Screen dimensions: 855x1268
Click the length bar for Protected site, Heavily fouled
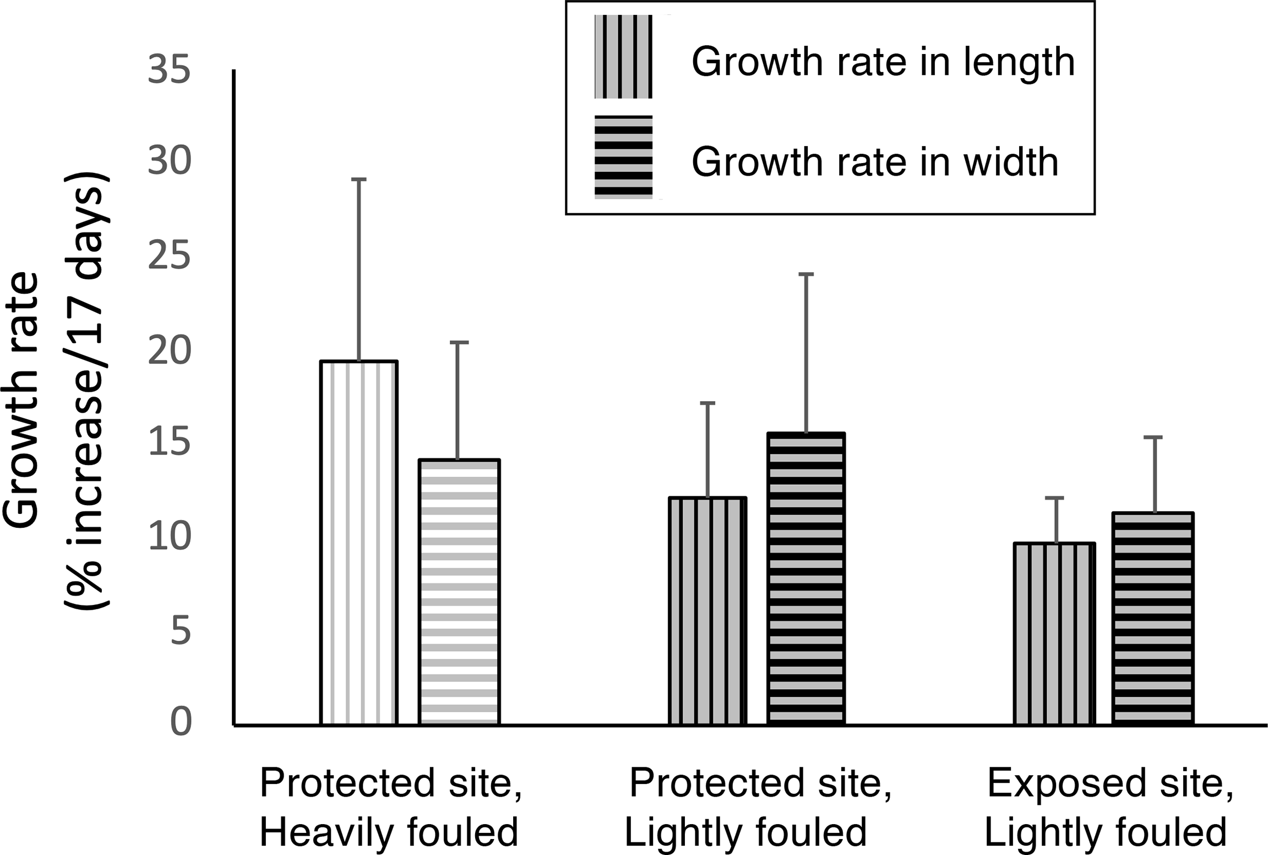coord(358,543)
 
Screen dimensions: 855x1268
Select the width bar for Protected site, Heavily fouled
coord(459,592)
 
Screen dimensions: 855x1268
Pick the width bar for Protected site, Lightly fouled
coord(806,578)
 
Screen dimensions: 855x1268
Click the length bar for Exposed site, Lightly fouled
coord(1054,634)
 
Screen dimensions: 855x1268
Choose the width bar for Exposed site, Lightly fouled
coord(1153,618)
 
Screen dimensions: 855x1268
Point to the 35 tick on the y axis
coord(169,71)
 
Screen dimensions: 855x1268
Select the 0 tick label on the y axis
coord(181,722)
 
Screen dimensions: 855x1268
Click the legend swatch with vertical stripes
coord(623,57)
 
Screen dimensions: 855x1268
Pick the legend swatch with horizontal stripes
coord(623,157)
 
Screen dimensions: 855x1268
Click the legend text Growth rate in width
coord(875,162)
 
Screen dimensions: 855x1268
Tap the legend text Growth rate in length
coord(883,62)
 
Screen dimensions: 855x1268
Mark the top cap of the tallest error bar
coord(358,180)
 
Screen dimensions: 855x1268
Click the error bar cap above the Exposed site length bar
coord(1054,498)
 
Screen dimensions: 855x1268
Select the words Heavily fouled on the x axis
coord(389,832)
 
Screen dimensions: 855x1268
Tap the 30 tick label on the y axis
coord(169,161)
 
